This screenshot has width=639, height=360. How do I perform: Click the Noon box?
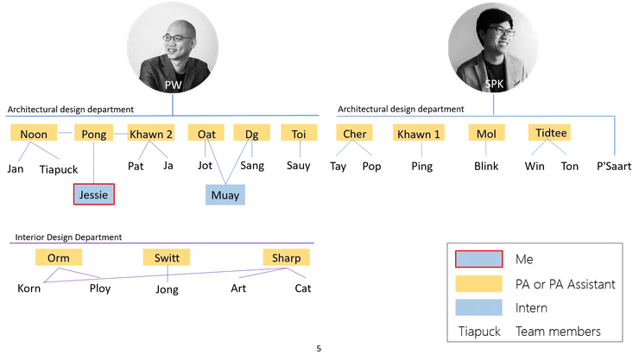click(33, 135)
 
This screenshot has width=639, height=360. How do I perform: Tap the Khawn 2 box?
click(152, 135)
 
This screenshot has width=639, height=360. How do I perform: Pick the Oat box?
click(206, 135)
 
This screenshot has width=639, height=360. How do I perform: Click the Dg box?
click(251, 135)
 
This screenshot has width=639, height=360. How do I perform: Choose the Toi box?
click(299, 135)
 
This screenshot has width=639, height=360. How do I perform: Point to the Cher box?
click(354, 135)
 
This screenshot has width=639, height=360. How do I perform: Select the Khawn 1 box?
click(421, 135)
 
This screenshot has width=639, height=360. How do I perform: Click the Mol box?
click(486, 135)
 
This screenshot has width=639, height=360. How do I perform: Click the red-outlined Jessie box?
click(93, 194)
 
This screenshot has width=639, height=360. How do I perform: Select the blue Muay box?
click(224, 194)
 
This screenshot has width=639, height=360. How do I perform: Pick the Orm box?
click(59, 258)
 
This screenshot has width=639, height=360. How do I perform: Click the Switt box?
click(167, 258)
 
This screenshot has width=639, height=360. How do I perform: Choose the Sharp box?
click(286, 258)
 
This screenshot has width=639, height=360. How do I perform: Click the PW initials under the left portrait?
click(172, 85)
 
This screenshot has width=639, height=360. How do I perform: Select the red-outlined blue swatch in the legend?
click(478, 259)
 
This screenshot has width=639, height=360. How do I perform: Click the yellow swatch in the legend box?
click(478, 283)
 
